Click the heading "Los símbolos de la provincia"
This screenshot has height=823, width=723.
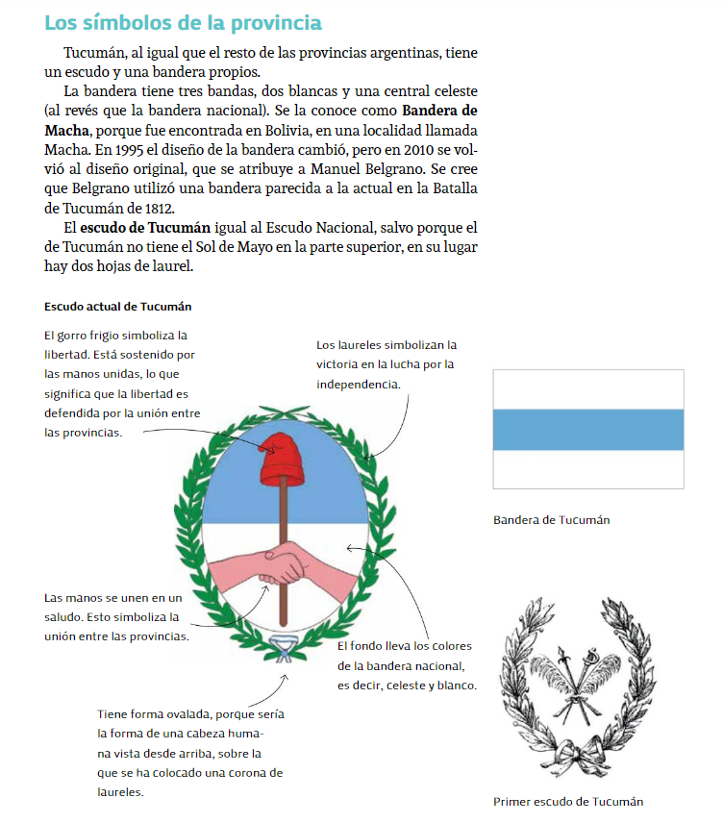183,22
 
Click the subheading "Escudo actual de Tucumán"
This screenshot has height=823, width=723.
118,307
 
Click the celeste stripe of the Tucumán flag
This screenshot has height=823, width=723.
587,430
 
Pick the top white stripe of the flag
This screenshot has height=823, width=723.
587,389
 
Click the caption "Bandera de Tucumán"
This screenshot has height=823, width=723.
551,520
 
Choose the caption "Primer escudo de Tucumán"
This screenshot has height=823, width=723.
568,801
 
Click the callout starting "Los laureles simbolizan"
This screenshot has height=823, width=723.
386,364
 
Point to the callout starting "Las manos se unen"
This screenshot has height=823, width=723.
112,616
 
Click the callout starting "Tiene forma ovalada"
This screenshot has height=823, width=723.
189,753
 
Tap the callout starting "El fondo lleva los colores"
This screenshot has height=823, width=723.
405,665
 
